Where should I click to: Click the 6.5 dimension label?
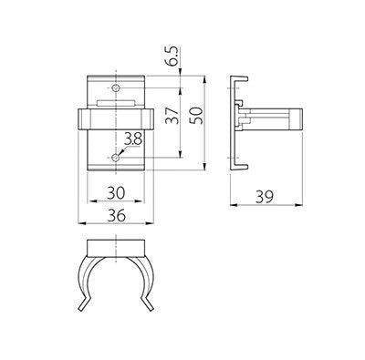point(172,57)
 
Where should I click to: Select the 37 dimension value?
point(172,116)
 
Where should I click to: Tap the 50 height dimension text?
point(197,116)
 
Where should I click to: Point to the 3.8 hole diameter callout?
point(133,140)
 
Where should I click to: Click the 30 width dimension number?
point(116,193)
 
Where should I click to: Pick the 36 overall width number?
point(116,215)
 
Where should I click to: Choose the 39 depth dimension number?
point(265,197)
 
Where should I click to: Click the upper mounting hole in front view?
point(116,88)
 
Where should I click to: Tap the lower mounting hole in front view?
point(116,158)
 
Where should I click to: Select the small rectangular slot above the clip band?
point(116,103)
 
